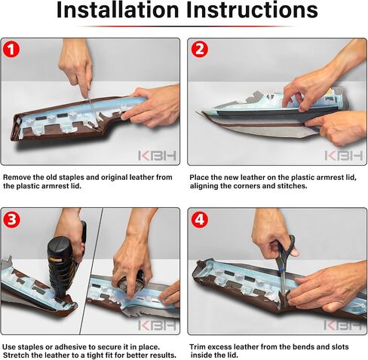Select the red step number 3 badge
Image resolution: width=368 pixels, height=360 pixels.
(11, 219)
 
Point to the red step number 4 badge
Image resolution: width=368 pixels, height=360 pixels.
(200, 219)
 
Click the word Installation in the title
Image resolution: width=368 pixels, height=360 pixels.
(118, 10)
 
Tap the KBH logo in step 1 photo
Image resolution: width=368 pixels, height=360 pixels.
(157, 156)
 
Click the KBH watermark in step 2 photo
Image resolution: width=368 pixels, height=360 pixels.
(344, 156)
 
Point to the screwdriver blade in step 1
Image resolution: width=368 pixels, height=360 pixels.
(94, 113)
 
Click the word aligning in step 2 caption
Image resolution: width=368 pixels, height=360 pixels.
(204, 186)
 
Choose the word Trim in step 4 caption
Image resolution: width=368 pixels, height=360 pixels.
(198, 347)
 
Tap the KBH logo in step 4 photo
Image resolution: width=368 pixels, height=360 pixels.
(344, 325)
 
